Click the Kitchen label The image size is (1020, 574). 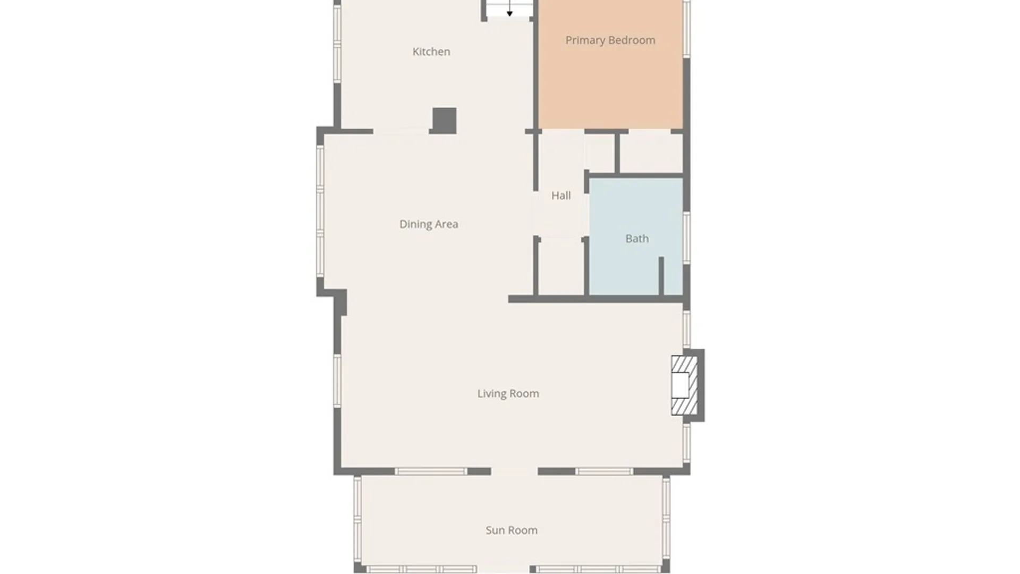point(431,52)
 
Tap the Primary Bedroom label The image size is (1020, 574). point(610,40)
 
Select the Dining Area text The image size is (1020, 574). point(428,224)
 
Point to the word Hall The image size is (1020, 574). point(560,196)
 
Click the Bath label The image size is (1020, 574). point(636,239)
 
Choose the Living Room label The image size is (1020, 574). point(508,394)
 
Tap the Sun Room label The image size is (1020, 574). point(511,530)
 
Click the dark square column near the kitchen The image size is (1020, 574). point(444,120)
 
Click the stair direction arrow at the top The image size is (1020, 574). point(509,11)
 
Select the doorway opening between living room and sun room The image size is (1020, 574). point(514,471)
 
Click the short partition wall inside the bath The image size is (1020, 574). point(661,275)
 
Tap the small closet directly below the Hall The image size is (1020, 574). point(561,267)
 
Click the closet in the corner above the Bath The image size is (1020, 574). point(651,153)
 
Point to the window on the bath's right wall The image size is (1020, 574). point(686,237)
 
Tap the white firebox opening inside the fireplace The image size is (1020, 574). point(679,385)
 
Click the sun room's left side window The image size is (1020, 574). point(358,524)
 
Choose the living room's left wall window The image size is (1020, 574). point(337,381)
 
